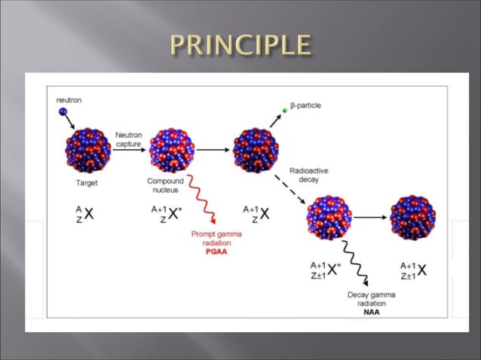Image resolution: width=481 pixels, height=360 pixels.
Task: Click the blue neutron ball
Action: (63, 113)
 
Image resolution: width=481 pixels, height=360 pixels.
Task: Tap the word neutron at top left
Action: (69, 99)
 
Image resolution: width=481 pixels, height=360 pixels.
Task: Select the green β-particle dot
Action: (285, 110)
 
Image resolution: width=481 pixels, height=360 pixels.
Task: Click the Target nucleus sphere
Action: (87, 150)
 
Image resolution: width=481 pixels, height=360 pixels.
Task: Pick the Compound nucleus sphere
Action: (173, 150)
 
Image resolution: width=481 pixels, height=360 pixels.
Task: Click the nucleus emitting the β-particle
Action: (256, 150)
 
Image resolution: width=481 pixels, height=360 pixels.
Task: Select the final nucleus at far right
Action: (412, 218)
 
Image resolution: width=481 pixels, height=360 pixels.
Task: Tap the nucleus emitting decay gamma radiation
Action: (329, 218)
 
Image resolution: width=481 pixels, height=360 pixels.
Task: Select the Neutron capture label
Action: (129, 140)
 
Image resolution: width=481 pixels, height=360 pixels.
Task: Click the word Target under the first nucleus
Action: (87, 182)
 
